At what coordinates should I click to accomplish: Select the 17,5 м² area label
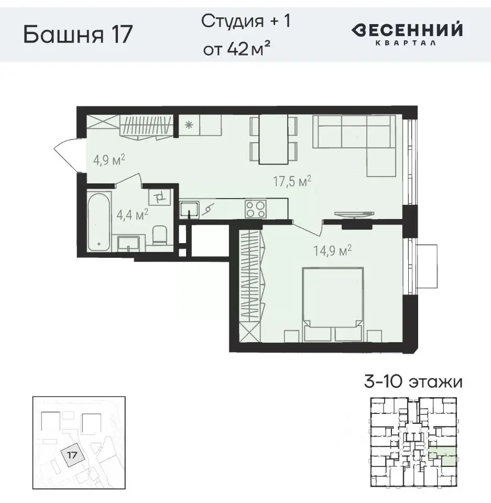tap(292, 182)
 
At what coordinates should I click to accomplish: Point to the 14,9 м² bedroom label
tap(331, 251)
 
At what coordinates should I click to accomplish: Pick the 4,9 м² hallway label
tap(109, 159)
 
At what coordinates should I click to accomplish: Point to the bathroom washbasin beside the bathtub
tap(128, 243)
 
